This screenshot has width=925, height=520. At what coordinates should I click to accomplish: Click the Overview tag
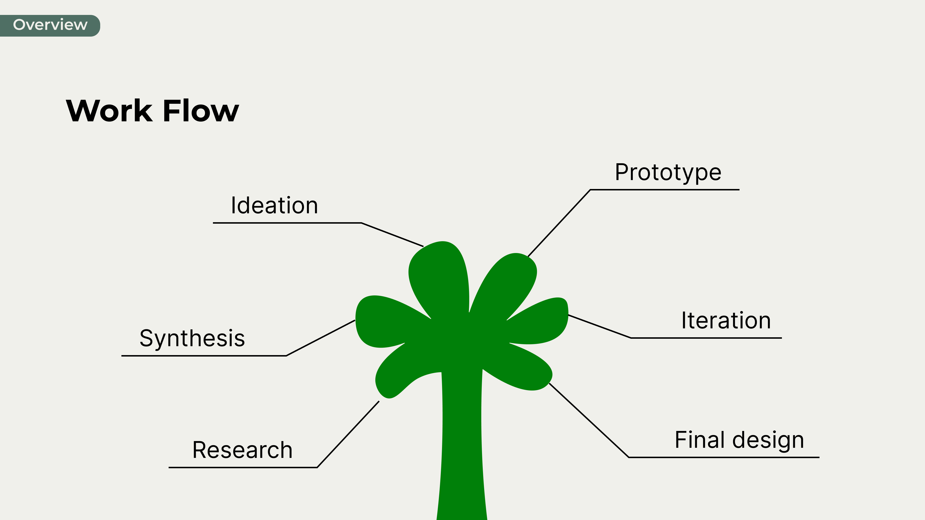click(x=50, y=25)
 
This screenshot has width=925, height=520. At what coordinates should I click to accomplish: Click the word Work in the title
click(x=109, y=111)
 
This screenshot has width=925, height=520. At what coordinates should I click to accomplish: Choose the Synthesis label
click(x=192, y=338)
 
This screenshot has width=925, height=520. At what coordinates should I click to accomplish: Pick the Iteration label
click(x=726, y=320)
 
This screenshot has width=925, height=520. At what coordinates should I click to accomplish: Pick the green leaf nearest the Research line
click(x=395, y=377)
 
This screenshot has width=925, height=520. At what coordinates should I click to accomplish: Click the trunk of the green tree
click(x=462, y=448)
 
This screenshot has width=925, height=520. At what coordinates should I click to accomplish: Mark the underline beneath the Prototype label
click(x=664, y=189)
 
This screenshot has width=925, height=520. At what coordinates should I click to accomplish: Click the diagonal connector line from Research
click(x=348, y=434)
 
